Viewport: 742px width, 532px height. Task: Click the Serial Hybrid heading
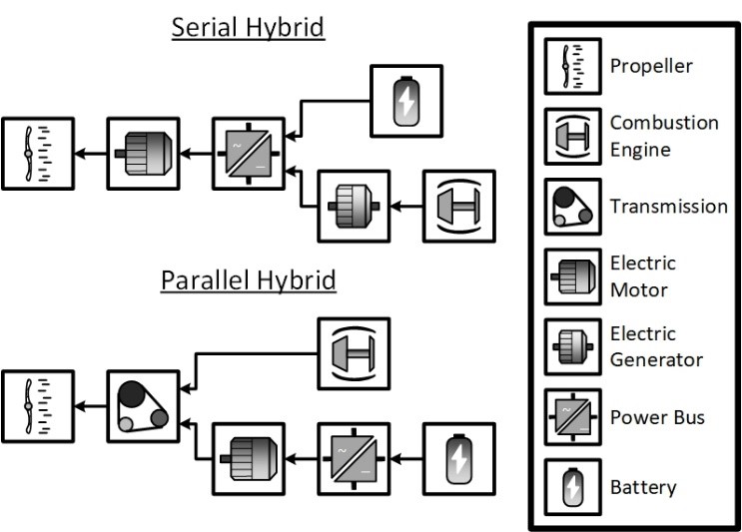pos(248,27)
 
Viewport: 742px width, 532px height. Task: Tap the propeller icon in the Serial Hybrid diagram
pos(38,153)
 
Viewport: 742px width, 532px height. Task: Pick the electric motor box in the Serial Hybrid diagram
pos(143,153)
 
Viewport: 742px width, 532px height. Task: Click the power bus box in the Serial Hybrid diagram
pos(249,153)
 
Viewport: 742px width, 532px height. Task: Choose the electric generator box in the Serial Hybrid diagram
pos(354,206)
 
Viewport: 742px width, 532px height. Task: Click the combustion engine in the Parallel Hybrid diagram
pos(354,353)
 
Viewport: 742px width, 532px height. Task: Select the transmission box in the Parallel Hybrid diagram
pos(143,406)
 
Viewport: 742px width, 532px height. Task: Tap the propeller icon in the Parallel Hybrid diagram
pos(38,406)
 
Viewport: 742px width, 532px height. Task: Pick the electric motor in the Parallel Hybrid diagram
pos(249,459)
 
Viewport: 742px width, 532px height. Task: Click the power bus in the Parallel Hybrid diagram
pos(354,459)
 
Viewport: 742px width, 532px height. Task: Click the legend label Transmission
pos(668,207)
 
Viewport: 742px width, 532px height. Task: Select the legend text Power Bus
pos(657,417)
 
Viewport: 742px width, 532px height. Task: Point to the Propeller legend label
pos(651,67)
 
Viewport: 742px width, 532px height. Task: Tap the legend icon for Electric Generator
pos(572,346)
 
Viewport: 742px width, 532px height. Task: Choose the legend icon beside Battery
pos(572,487)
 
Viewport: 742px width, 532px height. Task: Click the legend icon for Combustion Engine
pos(572,136)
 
